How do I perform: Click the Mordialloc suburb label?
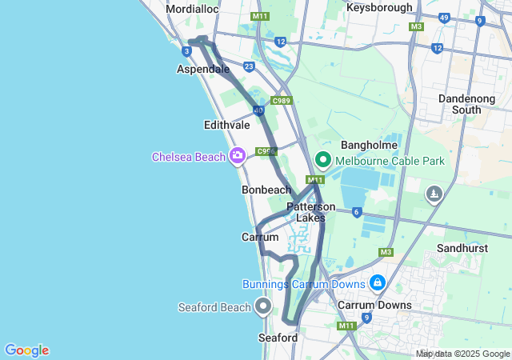[191, 10]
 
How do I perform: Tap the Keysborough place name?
[379, 7]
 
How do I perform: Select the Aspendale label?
[203, 70]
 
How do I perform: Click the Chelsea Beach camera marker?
[237, 155]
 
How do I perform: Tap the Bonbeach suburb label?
[266, 190]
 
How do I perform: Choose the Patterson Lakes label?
[311, 212]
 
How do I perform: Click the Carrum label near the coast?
[260, 238]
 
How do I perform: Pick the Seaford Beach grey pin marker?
[263, 306]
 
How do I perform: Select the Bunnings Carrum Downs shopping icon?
[377, 282]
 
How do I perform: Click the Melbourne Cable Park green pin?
[323, 159]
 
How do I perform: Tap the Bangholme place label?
[366, 145]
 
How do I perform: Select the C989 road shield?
[281, 101]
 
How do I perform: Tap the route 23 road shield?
[250, 66]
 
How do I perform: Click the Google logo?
[26, 350]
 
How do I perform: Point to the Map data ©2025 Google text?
[463, 354]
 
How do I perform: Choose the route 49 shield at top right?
[444, 17]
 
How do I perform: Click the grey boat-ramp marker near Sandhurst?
[434, 194]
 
